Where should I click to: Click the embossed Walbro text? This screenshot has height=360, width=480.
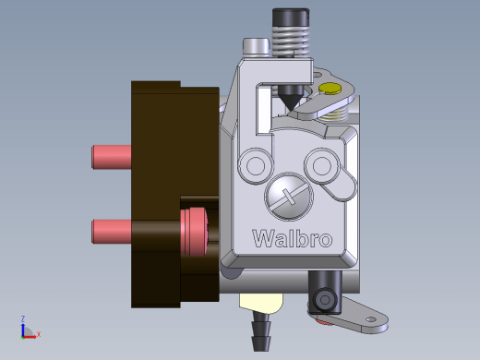(x=293, y=238)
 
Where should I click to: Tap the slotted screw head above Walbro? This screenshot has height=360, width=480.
(x=289, y=196)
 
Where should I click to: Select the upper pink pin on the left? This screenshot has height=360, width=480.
(x=112, y=157)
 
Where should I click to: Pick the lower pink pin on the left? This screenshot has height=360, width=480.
(x=112, y=232)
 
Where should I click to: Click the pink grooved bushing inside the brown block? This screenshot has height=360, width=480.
(x=194, y=232)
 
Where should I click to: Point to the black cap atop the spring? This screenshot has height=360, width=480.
(x=291, y=18)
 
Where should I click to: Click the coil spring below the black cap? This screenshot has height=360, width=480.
(x=291, y=42)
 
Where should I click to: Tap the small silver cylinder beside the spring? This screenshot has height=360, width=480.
(x=257, y=47)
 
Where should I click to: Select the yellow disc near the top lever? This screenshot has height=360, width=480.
(x=330, y=88)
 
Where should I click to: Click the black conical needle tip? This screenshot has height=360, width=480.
(x=291, y=98)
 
